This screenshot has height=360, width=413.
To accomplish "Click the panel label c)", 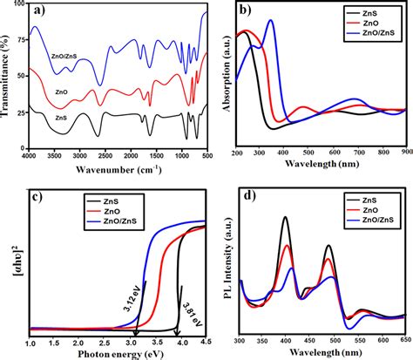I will tap(37, 194).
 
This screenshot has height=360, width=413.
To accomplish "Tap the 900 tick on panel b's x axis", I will tap(406, 153).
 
